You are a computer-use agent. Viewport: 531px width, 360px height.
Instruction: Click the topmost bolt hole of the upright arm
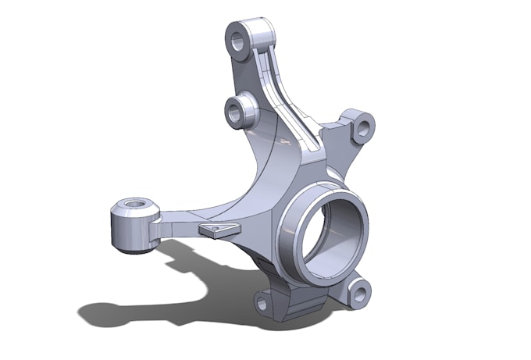(x=238, y=37)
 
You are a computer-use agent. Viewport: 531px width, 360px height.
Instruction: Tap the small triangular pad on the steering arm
(x=218, y=229)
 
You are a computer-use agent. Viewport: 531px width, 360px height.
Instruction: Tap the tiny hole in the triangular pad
(x=221, y=228)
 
